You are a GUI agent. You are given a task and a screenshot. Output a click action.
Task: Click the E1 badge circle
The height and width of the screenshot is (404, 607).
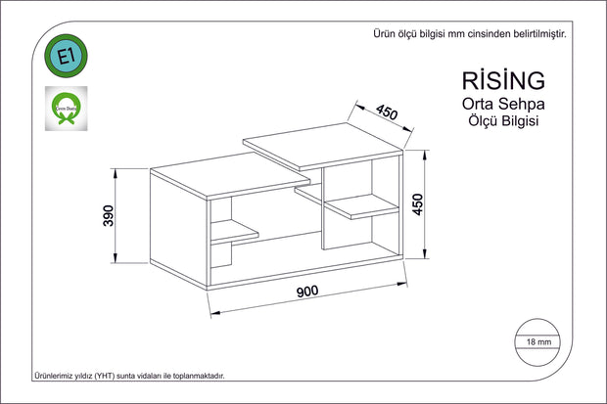(67, 58)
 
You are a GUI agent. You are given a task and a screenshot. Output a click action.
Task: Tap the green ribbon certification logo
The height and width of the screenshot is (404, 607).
(67, 108)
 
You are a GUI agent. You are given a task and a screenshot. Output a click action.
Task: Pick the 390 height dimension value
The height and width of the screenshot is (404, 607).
(110, 215)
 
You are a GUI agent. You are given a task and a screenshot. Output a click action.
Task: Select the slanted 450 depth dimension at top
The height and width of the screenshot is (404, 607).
(386, 113)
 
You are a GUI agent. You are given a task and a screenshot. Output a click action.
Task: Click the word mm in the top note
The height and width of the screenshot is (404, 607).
(456, 32)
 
